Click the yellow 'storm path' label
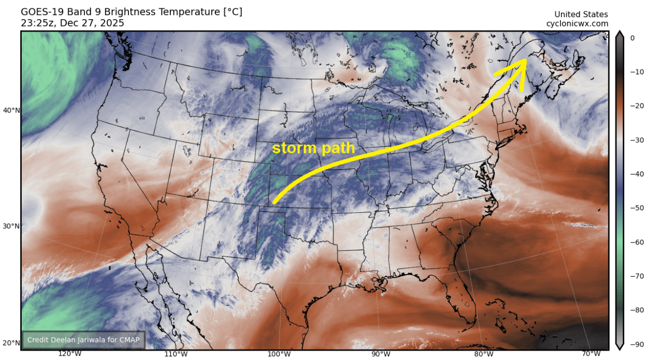point(314,148)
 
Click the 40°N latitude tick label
point(11,110)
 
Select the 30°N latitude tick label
point(11,226)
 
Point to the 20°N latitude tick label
point(11,343)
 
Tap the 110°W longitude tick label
point(175,354)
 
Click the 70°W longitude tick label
point(590,354)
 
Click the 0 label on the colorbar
point(632,38)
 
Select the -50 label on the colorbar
point(635,208)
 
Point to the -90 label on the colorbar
point(635,343)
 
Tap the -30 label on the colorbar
point(635,140)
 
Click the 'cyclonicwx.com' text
point(577,24)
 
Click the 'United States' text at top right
point(581,15)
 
